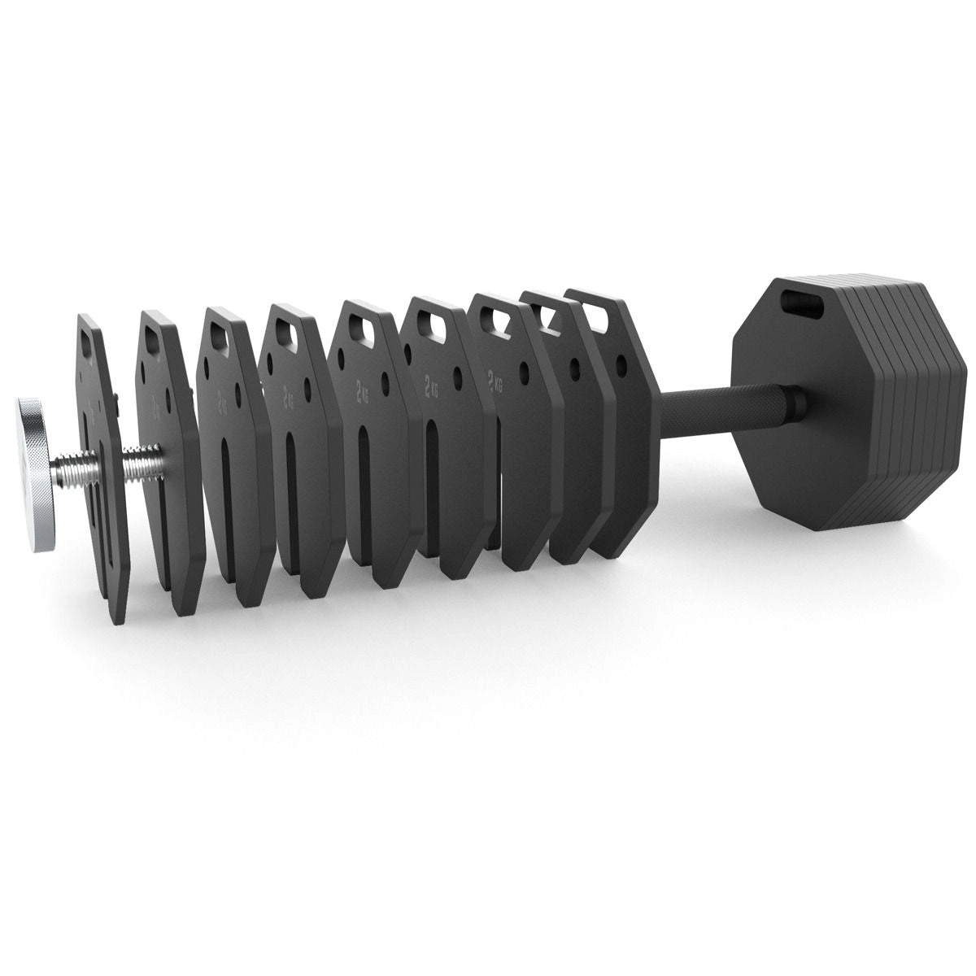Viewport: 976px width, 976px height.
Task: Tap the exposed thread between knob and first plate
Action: coord(67,471)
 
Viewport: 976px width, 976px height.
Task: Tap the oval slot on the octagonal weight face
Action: coord(802,304)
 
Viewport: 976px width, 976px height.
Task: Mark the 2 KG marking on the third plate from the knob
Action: coord(221,399)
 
